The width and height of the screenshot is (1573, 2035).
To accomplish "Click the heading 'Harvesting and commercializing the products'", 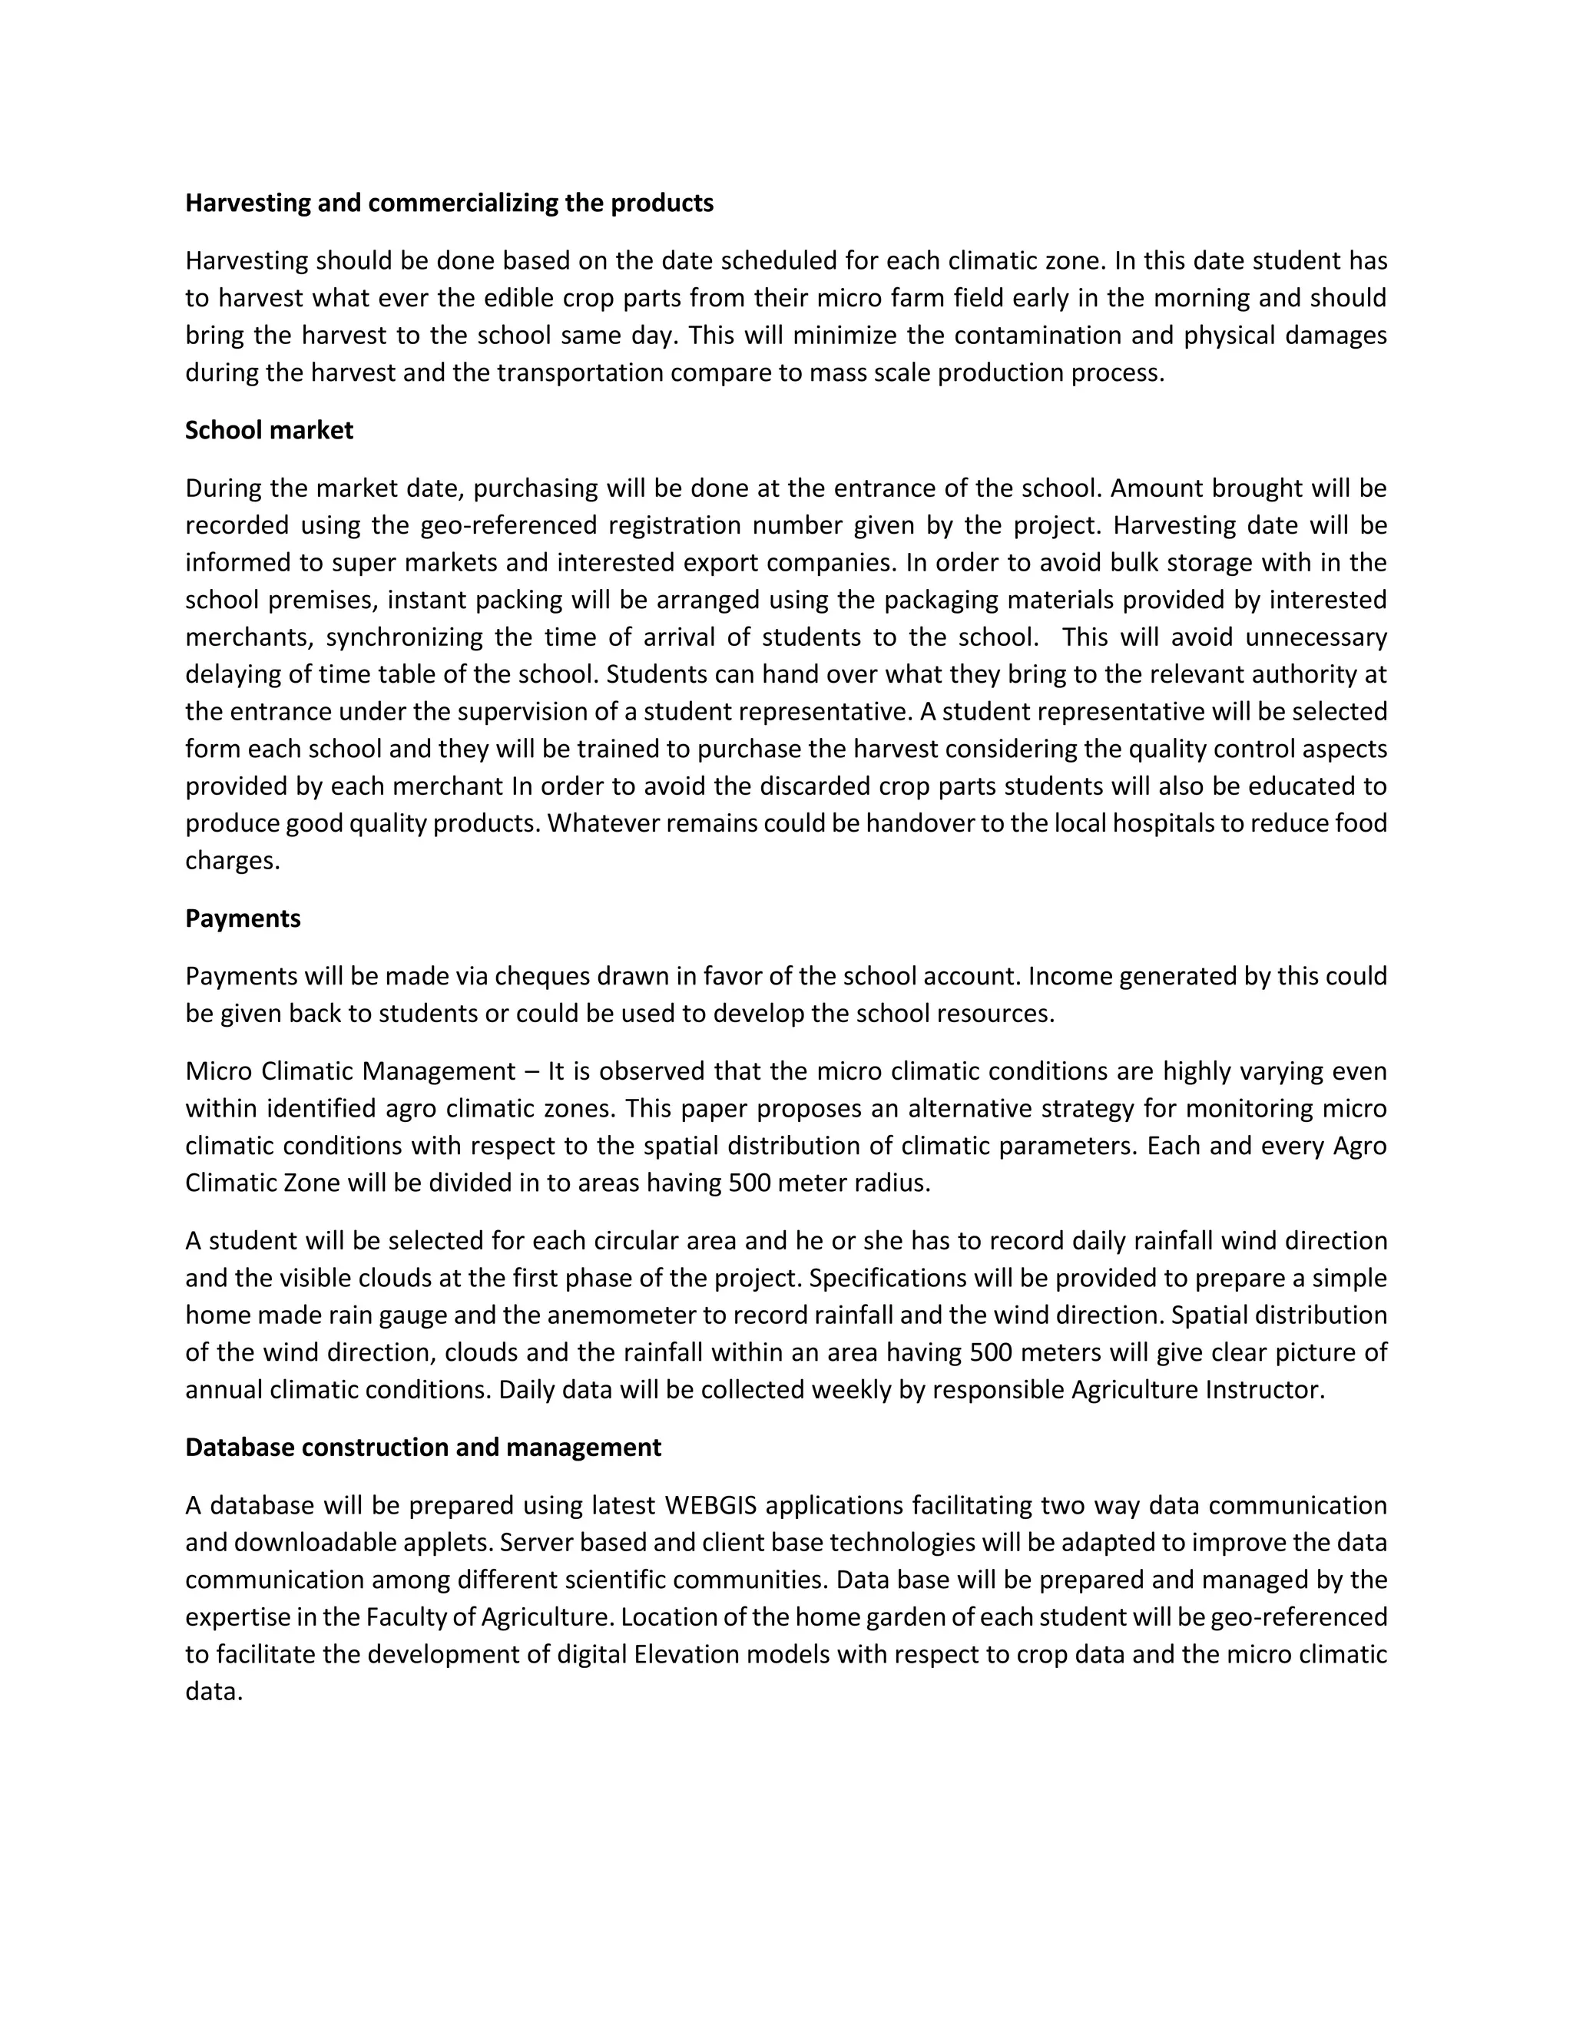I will pos(449,203).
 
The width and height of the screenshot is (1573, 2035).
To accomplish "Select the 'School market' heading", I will pos(270,431).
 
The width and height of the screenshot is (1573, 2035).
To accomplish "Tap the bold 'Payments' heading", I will pos(243,918).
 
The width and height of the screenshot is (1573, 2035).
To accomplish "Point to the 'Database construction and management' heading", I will pos(423,1447).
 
